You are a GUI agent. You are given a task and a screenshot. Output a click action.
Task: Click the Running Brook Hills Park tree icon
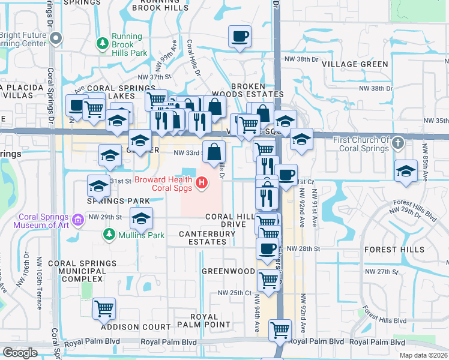(x=103, y=44)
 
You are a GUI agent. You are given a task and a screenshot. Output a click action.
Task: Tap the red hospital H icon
(x=202, y=182)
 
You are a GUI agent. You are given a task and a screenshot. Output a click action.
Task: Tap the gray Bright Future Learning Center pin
(x=56, y=39)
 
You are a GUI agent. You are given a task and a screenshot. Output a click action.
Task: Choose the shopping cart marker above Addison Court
(x=104, y=309)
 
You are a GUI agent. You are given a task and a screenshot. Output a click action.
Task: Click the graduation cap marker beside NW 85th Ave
(x=406, y=171)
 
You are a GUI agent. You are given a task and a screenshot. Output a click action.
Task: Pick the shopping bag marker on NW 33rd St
(x=214, y=152)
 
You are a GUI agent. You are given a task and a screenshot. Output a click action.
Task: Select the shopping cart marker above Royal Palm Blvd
(x=280, y=329)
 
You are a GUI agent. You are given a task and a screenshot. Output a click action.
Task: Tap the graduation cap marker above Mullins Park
(x=142, y=218)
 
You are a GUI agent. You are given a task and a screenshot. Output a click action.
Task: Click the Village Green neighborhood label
(x=355, y=64)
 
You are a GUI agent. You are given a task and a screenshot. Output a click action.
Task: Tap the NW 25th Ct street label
(x=234, y=293)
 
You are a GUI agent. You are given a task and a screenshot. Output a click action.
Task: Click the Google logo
(x=20, y=353)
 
